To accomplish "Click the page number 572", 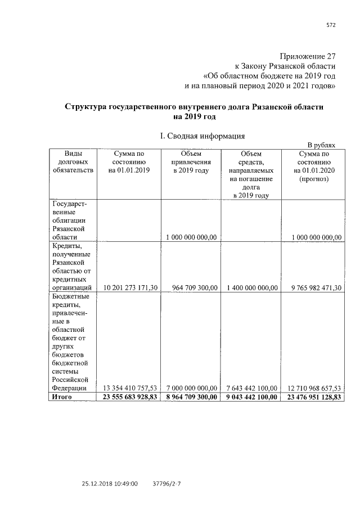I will click(x=331, y=25).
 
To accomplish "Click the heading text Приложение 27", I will click(x=307, y=56).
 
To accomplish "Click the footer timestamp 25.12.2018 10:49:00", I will click(x=110, y=483).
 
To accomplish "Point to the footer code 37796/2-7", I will click(x=169, y=483).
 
